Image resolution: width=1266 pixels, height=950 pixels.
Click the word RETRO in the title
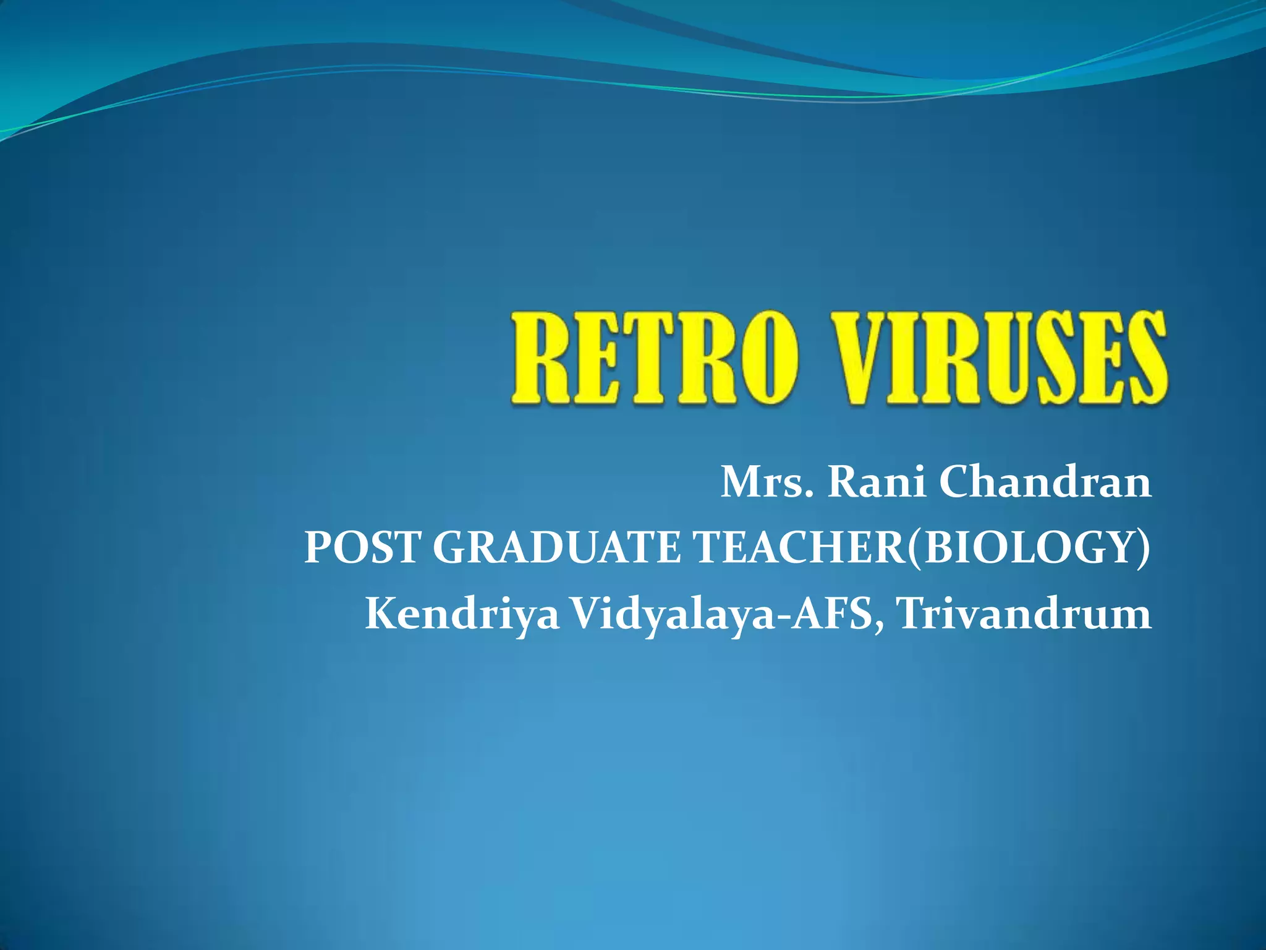tap(655, 359)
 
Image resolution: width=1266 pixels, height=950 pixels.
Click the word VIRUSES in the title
tap(1000, 359)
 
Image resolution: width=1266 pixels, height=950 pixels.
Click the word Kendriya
tap(462, 615)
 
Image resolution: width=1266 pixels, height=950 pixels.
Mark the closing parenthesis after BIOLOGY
tap(1144, 548)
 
